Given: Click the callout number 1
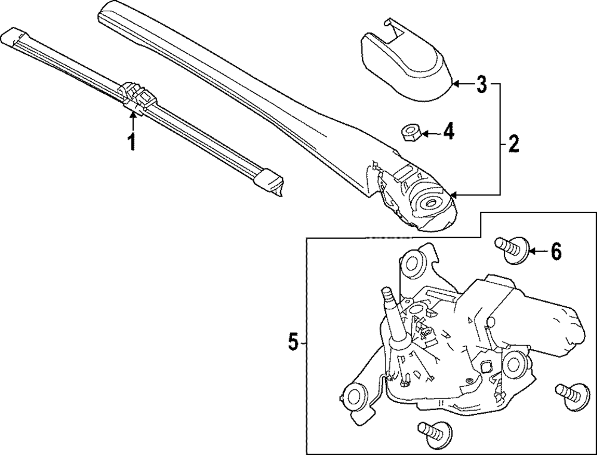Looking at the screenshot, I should pyautogui.click(x=132, y=142).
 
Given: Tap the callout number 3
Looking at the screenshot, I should pyautogui.click(x=481, y=85).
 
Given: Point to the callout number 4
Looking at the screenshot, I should pyautogui.click(x=447, y=131).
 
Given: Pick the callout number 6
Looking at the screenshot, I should pyautogui.click(x=555, y=253).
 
